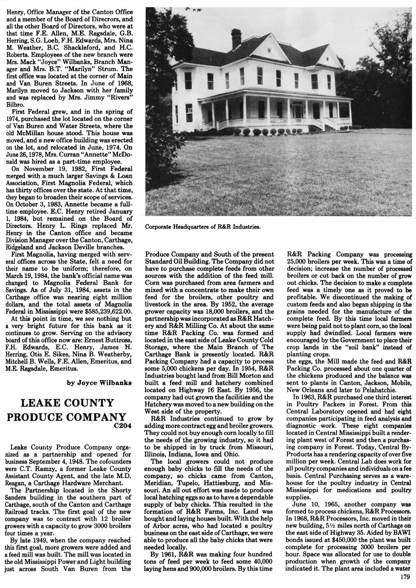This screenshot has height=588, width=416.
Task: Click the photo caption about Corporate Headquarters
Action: [x=203, y=227]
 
